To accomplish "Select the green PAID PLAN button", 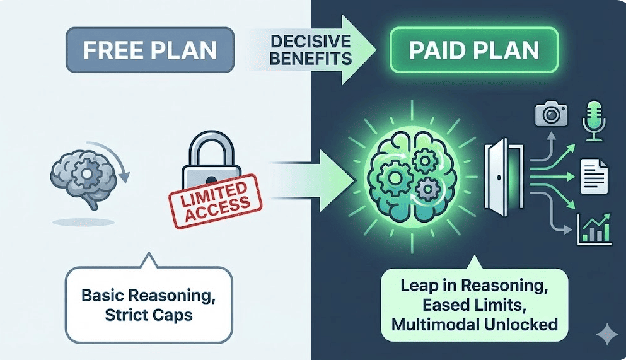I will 473,50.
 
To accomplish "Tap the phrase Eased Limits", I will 474,305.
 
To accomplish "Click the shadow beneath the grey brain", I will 83,221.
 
